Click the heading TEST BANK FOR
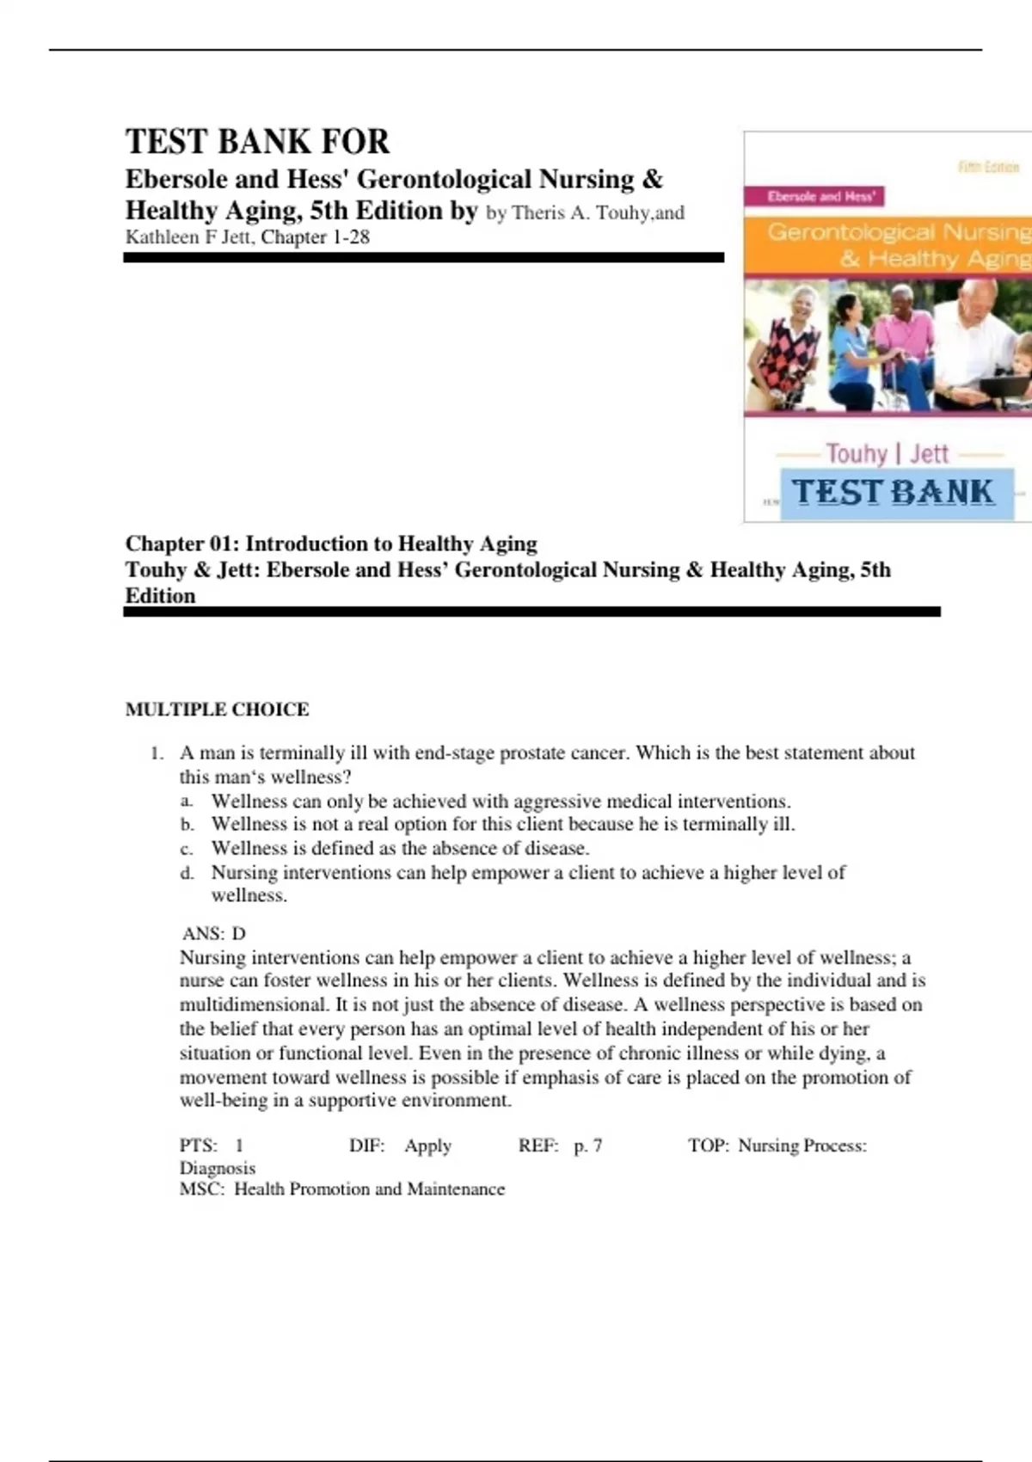pos(257,142)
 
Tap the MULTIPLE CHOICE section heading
pos(217,709)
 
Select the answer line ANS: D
pos(214,933)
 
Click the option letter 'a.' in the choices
pos(187,802)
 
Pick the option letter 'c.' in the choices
pos(187,849)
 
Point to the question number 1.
pos(157,753)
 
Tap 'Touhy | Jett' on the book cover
pos(888,453)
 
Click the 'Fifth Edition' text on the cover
pos(988,167)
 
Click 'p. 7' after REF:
pos(588,1146)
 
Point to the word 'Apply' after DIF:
pos(427,1146)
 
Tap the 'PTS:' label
pos(198,1146)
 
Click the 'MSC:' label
pos(202,1189)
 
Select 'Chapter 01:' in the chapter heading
pos(181,544)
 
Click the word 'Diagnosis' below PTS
pos(218,1168)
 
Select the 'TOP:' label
pos(709,1146)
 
